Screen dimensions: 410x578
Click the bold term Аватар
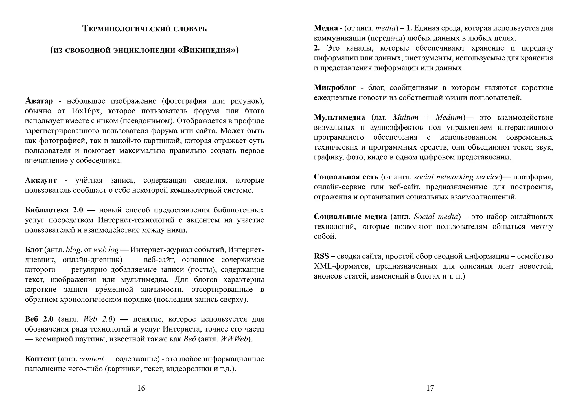point(39,101)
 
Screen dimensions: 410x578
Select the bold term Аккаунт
point(41,180)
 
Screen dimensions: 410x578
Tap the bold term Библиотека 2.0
point(54,210)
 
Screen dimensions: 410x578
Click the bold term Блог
point(34,250)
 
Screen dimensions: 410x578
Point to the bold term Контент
point(40,359)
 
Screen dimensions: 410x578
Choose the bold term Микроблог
point(335,88)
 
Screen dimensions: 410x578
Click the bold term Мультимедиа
point(339,117)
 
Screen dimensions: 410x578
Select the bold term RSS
point(321,256)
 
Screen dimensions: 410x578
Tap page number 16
point(141,388)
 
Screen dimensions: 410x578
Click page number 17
point(430,388)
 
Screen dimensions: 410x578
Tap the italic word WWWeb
point(234,339)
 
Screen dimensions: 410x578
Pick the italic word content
point(91,359)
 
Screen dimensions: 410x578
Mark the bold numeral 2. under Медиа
point(317,48)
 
